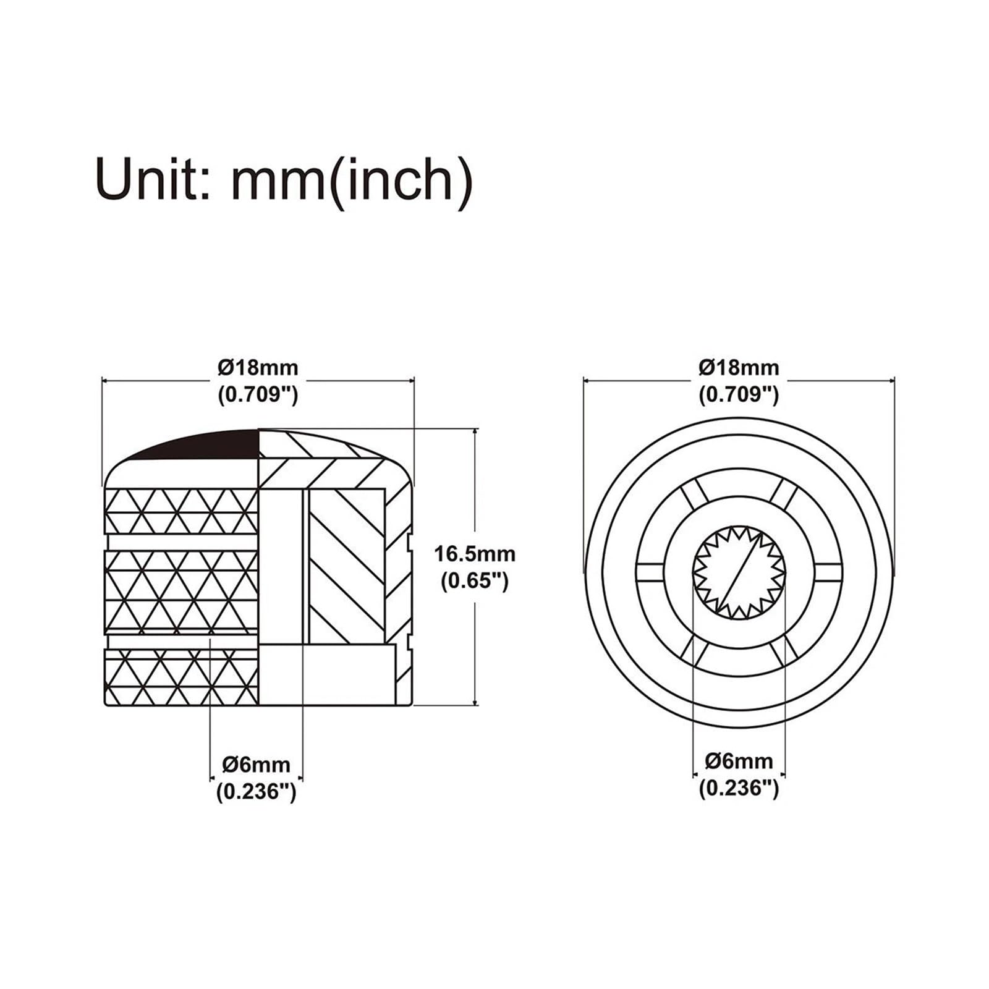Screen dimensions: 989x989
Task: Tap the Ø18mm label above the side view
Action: tap(258, 368)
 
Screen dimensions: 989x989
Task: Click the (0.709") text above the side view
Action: tap(258, 394)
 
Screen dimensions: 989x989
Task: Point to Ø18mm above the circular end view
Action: tap(739, 368)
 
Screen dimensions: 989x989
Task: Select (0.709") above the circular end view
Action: tap(739, 394)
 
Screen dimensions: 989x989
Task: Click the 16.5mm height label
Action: tap(475, 553)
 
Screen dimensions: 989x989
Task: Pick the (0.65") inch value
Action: tap(475, 580)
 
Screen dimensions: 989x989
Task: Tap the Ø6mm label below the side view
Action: tap(257, 764)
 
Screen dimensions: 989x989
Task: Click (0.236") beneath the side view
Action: tap(257, 791)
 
